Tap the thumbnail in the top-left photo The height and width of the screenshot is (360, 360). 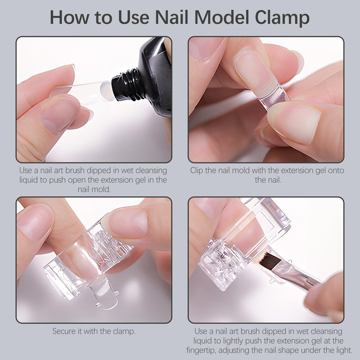[x=58, y=115]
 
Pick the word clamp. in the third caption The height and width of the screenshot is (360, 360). [x=124, y=332]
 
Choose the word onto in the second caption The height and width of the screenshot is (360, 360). [x=335, y=171]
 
